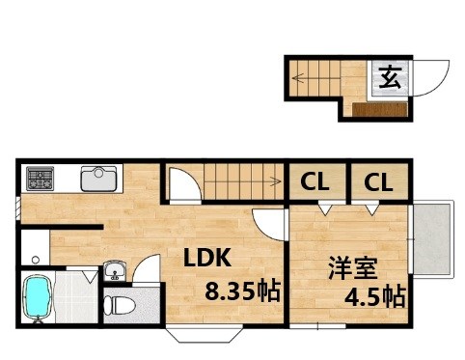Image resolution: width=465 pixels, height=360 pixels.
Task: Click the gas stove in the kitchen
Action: (x=41, y=178)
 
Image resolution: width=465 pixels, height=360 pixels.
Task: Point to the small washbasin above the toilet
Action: (x=114, y=270)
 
